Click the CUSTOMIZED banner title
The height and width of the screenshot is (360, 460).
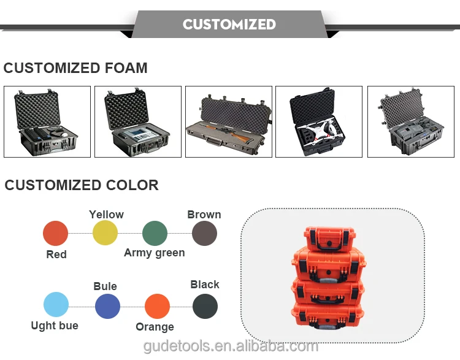[229, 25]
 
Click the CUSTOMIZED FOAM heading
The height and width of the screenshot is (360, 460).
[75, 68]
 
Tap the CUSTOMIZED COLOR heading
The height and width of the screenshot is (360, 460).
[82, 185]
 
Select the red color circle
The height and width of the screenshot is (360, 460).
[55, 234]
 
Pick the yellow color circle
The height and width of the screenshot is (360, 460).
[105, 233]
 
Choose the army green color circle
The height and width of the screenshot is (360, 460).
[155, 234]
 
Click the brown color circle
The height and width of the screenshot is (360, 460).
[204, 234]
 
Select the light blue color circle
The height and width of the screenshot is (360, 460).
[56, 305]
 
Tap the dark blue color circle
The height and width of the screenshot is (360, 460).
[107, 305]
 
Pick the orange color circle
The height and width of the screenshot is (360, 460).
[157, 306]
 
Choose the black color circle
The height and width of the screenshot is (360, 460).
[205, 305]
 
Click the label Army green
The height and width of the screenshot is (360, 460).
[154, 253]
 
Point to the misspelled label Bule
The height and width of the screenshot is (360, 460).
[105, 286]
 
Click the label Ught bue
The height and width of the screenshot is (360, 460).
[55, 326]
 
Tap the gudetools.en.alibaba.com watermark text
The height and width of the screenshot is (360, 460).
[231, 347]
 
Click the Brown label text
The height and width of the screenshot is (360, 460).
[204, 215]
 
